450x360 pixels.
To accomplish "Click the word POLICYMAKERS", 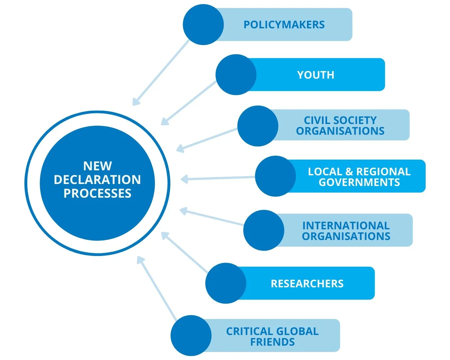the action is click(284, 25).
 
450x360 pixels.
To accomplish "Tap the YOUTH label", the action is click(315, 75).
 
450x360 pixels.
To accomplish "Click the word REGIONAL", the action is click(383, 172).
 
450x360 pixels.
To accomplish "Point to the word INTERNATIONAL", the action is click(346, 226).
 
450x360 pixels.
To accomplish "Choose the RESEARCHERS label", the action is click(307, 284).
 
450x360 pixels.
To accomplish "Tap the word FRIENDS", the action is click(272, 342).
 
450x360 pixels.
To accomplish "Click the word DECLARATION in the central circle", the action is click(97, 180).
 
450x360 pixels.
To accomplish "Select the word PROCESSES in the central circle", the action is click(97, 193).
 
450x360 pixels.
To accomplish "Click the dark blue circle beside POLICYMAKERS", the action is click(203, 25).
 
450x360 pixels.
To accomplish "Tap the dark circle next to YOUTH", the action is click(236, 75).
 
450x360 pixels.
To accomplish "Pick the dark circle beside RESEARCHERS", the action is click(226, 283).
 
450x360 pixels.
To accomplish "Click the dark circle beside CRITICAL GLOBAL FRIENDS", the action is click(191, 335).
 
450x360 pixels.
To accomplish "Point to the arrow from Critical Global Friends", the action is click(157, 289).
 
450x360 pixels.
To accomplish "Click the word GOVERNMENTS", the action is click(359, 182).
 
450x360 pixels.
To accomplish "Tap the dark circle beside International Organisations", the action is click(264, 230).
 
